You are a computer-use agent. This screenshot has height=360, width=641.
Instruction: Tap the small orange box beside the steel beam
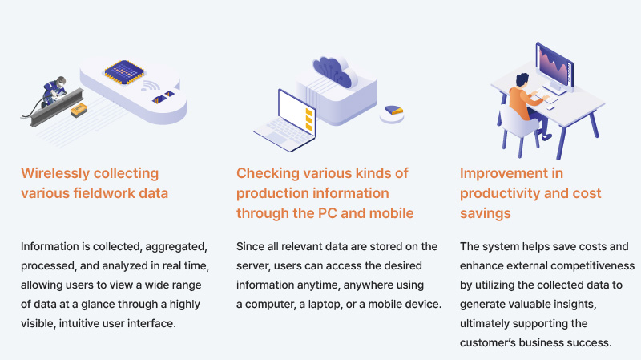pyautogui.click(x=79, y=109)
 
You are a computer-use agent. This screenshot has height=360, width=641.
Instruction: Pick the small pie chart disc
pyautogui.click(x=393, y=111)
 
